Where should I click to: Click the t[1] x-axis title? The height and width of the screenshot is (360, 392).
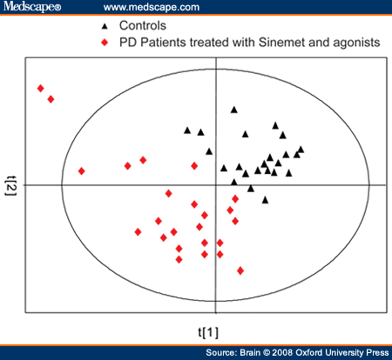(208, 332)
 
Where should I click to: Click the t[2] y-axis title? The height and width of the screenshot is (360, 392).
(11, 185)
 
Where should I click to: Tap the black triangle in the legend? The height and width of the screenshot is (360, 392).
(105, 26)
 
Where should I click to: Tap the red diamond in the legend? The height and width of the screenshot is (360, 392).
(105, 43)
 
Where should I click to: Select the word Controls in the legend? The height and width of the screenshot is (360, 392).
(143, 25)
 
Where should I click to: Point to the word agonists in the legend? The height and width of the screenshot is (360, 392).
(356, 43)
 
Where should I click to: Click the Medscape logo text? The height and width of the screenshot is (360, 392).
(32, 6)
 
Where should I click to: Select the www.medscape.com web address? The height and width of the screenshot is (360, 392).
(152, 7)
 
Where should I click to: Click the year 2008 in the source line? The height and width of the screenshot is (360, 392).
(282, 352)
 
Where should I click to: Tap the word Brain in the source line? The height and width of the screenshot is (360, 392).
(250, 352)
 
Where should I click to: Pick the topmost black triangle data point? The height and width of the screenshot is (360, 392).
(234, 110)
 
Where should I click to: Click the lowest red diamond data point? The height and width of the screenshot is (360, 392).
(240, 270)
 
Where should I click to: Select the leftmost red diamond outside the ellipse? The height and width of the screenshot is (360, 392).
(41, 88)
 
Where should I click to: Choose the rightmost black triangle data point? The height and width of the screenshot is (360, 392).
(301, 150)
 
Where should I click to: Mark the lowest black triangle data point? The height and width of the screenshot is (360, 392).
(265, 200)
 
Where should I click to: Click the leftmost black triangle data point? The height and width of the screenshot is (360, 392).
(187, 130)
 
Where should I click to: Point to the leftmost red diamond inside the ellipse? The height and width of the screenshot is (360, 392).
(82, 171)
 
